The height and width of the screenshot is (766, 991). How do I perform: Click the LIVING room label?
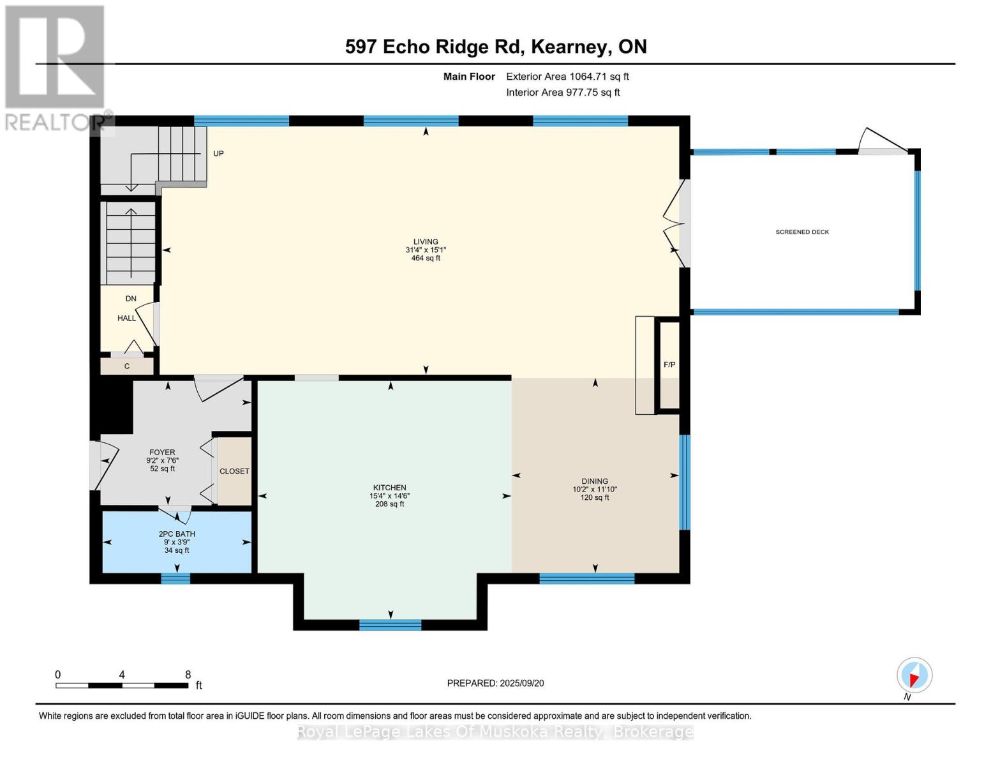pos(426,242)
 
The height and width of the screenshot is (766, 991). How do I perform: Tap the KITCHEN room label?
pos(389,488)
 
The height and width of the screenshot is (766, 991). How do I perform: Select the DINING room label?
pos(595,481)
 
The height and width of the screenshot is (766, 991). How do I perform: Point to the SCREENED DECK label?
pos(802,232)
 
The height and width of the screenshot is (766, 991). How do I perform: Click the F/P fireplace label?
pos(669,364)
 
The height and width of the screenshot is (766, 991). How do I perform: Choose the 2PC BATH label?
pos(177,534)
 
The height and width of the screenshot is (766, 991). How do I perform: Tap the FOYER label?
pos(162,453)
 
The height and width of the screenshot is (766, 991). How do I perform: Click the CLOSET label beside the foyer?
pos(234,471)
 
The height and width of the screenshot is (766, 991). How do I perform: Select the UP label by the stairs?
pos(218,154)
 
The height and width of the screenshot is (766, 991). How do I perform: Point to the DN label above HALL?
pos(131,299)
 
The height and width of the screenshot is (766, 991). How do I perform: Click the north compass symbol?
pos(914,675)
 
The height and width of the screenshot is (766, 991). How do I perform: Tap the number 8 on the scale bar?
pos(188,675)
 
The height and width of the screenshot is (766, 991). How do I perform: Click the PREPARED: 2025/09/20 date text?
pos(495,683)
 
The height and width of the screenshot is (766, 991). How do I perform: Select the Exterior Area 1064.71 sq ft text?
pos(567,77)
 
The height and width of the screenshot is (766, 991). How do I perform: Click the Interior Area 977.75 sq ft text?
pos(563,93)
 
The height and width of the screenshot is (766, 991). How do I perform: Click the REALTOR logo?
pos(56,67)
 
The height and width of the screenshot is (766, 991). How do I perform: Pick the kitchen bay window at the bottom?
pos(390,625)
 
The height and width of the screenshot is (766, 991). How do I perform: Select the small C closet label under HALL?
pos(127,366)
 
